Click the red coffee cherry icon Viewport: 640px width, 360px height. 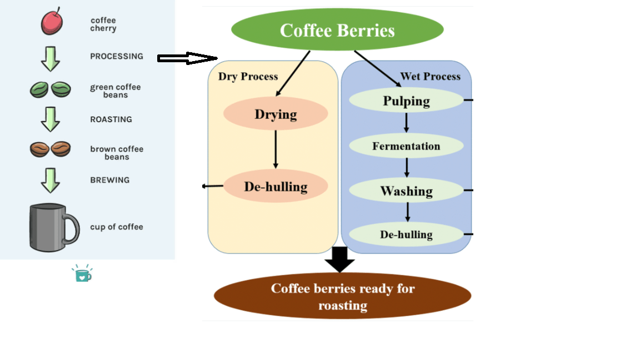point(52,23)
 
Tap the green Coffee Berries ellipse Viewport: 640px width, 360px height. point(337,30)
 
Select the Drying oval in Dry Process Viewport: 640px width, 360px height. point(276,114)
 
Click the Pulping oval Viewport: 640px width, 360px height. point(406,101)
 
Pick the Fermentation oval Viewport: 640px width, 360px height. point(406,146)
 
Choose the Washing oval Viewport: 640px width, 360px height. point(406,191)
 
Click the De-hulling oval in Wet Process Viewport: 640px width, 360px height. point(406,234)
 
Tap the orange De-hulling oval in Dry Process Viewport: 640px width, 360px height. point(276,186)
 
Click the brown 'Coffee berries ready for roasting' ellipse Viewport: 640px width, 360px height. point(342,296)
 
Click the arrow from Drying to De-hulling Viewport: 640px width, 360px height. point(276,149)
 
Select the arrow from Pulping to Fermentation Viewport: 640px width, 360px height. point(406,122)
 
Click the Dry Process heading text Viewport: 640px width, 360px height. point(248,77)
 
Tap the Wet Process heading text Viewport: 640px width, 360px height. point(430,77)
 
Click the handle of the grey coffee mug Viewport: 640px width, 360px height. point(72,228)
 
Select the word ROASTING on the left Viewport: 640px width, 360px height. point(111,119)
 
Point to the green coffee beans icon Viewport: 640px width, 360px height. point(50,89)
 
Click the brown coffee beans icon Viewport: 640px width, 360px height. point(50,149)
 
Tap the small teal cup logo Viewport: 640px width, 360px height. point(82,274)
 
